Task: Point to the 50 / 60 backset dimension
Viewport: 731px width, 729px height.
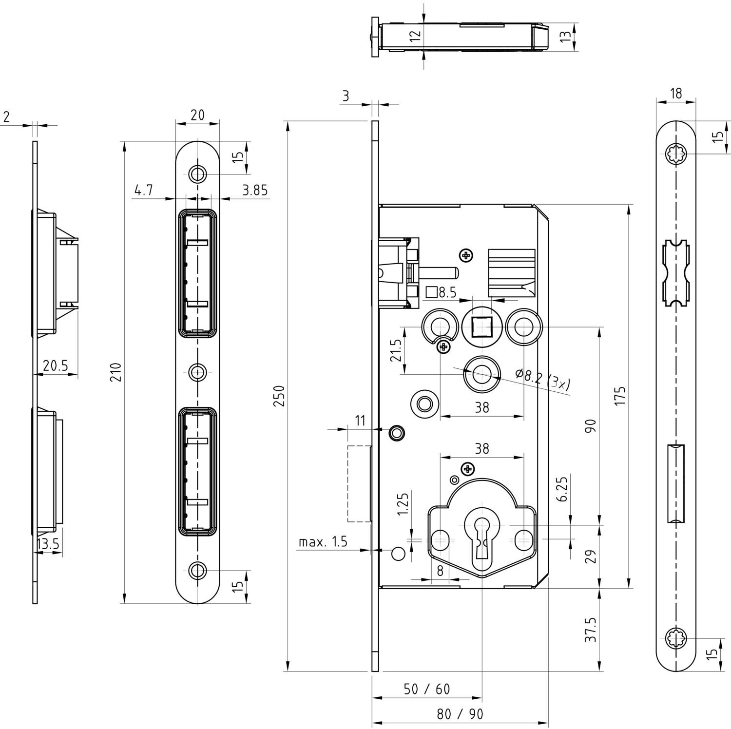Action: tap(427, 689)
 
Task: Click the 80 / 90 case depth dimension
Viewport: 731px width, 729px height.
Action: tap(460, 714)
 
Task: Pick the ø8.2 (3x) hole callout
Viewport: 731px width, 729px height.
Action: tap(543, 380)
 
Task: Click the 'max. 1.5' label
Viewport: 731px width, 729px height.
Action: tap(323, 541)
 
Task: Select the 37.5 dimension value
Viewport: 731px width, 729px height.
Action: tap(591, 630)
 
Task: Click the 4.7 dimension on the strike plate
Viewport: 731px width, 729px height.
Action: tap(144, 190)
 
